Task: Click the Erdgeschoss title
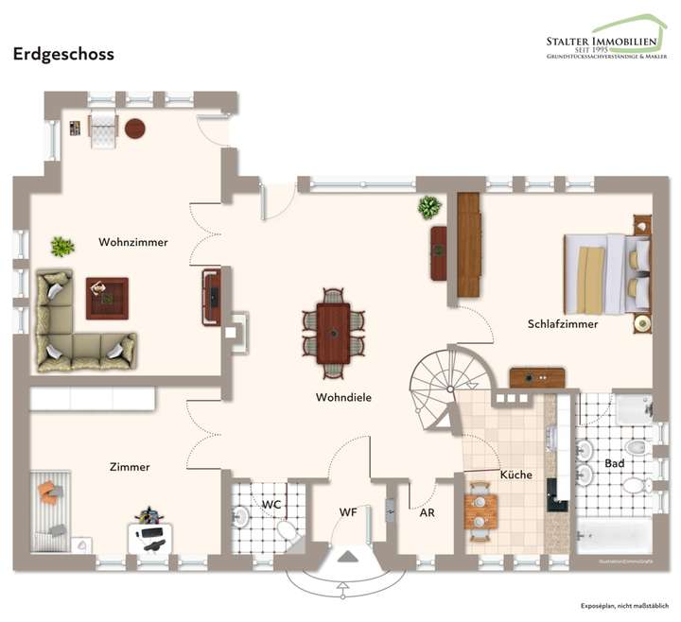pos(63,54)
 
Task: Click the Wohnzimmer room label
pos(133,242)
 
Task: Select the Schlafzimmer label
pos(563,323)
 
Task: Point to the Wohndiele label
pos(343,398)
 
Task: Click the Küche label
pos(515,475)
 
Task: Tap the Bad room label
pos(615,464)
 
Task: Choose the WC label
pos(271,504)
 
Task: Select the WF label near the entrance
pos(348,512)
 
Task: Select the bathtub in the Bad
pos(612,537)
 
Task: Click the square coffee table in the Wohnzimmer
pos(107,298)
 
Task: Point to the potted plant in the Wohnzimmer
pos(62,247)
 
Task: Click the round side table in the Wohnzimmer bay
pos(135,128)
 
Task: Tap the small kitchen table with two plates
pos(480,511)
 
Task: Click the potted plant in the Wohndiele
pos(429,207)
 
